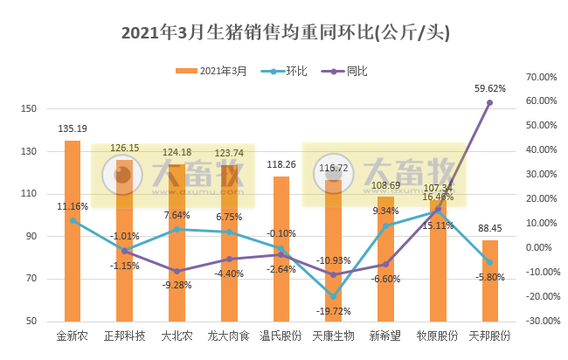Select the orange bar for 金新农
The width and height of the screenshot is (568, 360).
pos(73,236)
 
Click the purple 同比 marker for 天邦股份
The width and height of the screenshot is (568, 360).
pos(489,102)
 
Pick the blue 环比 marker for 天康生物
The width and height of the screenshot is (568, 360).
pos(333,296)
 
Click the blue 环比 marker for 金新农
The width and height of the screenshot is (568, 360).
pos(73,220)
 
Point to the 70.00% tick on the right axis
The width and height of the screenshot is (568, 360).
pos(538,77)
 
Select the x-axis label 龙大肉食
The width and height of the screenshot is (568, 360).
pos(229,335)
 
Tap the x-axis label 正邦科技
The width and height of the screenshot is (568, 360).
pos(125,335)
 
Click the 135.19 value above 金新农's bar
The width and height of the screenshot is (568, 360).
pos(72,128)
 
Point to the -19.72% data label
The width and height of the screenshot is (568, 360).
pos(333,311)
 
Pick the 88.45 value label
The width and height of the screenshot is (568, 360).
pos(489,230)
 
